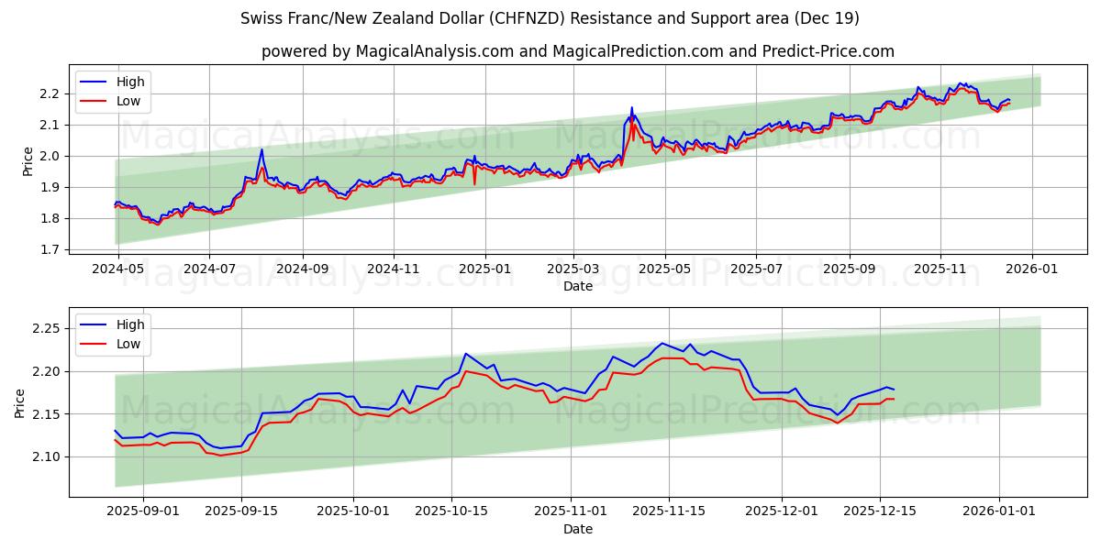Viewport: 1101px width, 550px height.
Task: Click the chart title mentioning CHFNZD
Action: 550,18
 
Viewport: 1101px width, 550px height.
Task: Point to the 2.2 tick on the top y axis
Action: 50,93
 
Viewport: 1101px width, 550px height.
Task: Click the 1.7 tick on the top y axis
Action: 50,249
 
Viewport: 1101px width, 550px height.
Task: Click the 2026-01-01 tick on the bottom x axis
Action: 999,511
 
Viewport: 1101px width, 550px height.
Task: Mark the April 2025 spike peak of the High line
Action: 631,108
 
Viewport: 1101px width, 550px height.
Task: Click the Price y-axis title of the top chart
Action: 28,161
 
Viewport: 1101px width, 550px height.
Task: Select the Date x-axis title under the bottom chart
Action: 578,529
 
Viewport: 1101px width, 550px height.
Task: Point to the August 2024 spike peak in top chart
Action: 261,150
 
